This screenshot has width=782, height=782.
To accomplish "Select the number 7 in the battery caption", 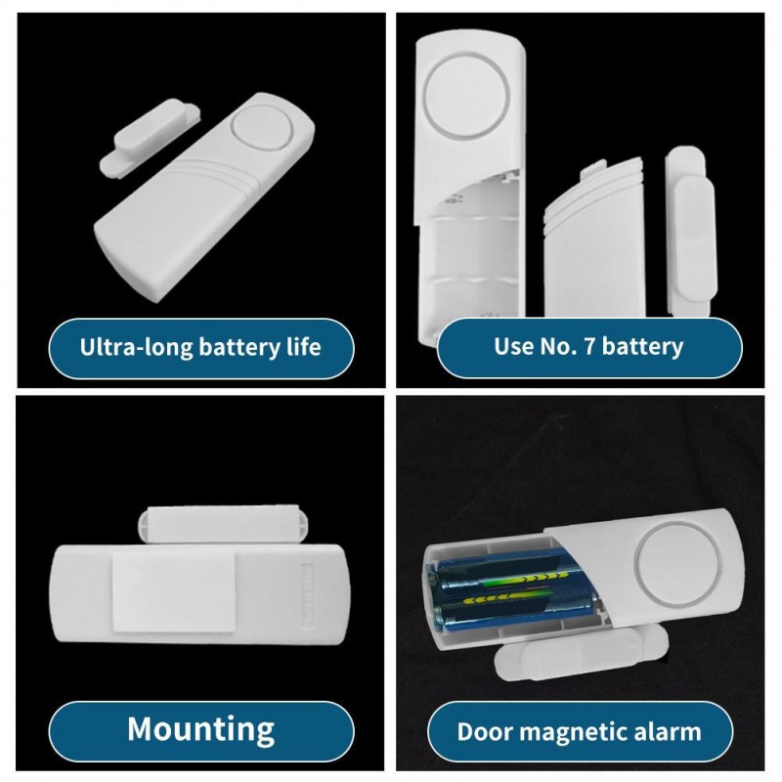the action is click(588, 346).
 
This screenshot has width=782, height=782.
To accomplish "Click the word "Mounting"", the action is click(201, 730).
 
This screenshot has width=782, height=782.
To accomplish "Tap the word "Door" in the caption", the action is click(485, 731).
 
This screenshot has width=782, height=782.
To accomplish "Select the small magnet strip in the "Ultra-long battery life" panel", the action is click(151, 136).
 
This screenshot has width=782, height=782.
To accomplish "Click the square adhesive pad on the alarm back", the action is click(174, 591).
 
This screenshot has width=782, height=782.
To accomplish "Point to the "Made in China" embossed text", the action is click(307, 594).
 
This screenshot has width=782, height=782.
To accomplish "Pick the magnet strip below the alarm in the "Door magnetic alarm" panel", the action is click(581, 650).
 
